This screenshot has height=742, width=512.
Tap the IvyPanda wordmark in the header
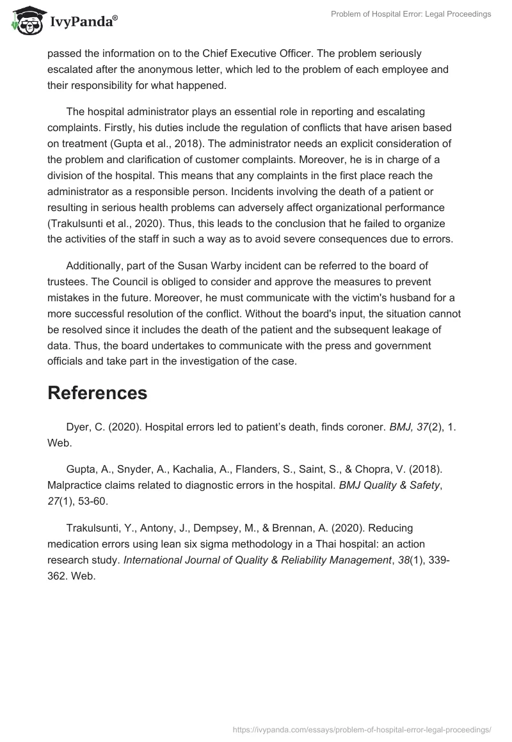83,21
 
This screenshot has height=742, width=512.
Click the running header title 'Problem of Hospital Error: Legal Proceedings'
411,14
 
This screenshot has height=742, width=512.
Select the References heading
97,393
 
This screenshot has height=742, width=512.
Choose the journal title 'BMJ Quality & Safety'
389,485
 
